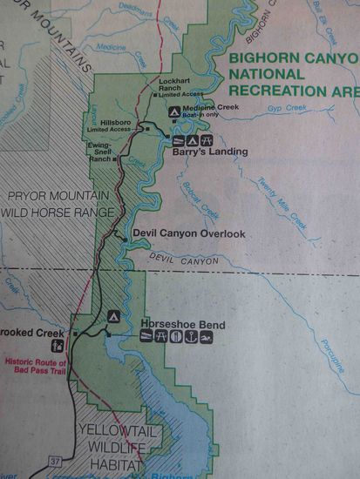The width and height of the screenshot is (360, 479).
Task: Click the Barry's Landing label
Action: (x=209, y=152)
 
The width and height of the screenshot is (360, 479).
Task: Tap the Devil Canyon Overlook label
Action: (x=188, y=233)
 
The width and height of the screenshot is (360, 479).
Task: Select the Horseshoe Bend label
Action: (x=183, y=326)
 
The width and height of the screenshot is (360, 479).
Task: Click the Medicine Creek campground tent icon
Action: (x=174, y=113)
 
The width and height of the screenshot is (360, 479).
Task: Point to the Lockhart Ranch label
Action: (x=168, y=84)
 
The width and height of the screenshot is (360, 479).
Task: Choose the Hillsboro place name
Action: (x=116, y=123)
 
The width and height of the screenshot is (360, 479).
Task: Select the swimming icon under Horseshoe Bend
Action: (x=206, y=338)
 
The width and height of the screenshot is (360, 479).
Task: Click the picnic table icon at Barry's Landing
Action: (x=207, y=140)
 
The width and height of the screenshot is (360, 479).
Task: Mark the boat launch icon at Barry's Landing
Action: (x=179, y=140)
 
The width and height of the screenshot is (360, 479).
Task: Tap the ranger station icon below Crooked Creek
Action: (x=58, y=347)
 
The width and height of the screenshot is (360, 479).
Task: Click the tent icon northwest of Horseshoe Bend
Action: (x=112, y=316)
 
